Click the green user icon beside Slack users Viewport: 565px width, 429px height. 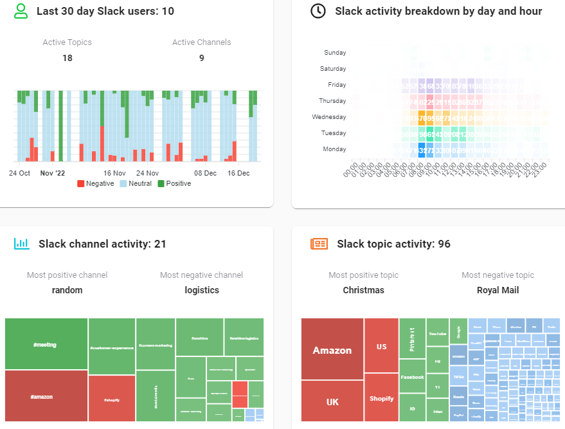(x=21, y=11)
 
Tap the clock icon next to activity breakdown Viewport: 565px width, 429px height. (x=318, y=11)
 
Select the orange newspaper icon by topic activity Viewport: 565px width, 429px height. (x=319, y=244)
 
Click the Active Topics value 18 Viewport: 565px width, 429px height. (x=67, y=58)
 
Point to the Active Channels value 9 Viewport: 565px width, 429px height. (x=201, y=58)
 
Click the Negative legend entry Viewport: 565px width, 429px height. (x=95, y=183)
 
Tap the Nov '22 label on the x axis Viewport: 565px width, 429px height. (x=53, y=173)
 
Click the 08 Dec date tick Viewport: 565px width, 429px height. (x=206, y=173)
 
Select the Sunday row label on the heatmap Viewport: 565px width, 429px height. (x=335, y=53)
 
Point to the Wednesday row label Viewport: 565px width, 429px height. (x=329, y=117)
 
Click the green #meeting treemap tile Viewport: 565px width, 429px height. (x=45, y=344)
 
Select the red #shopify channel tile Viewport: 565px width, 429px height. (x=112, y=399)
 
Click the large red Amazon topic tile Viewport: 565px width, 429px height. (x=332, y=349)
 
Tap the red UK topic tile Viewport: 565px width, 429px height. (x=332, y=402)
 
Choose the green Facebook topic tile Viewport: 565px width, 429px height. (x=412, y=377)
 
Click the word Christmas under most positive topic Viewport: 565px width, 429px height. (x=363, y=290)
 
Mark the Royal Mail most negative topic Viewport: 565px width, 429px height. (x=498, y=290)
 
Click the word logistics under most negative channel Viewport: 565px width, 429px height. (x=202, y=290)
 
